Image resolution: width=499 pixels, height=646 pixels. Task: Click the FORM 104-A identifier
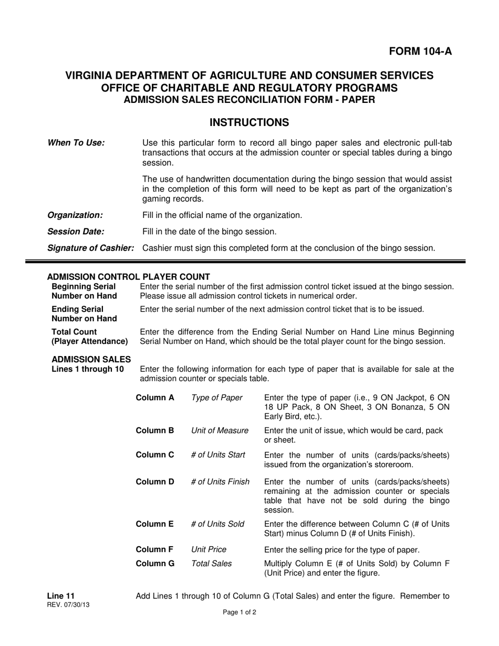pos(420,51)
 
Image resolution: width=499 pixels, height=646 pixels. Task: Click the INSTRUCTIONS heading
pos(249,122)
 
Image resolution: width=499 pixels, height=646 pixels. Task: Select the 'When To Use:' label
pos(76,143)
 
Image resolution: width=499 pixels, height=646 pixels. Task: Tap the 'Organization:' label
pos(75,215)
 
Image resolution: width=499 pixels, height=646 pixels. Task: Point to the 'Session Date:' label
pos(76,232)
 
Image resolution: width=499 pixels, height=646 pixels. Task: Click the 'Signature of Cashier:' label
pos(91,248)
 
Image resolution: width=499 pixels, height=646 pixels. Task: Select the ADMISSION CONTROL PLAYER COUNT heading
pos(129,277)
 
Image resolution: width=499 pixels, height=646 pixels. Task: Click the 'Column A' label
pos(155,398)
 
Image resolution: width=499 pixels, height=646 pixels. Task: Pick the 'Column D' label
pos(155,481)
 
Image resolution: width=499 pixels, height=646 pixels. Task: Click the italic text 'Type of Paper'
pos(217,398)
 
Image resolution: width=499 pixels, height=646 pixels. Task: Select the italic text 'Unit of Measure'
pos(220,431)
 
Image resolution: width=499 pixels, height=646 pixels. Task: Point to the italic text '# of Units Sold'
pos(217,524)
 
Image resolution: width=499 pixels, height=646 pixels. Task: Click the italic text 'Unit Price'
pos(209,549)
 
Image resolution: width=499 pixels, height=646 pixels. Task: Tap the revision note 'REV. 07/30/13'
pos(68,605)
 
